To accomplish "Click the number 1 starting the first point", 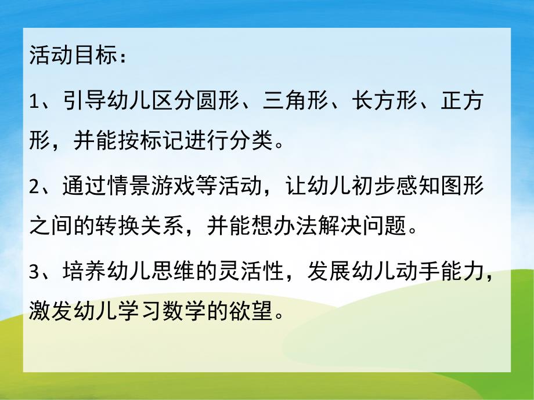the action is pyautogui.click(x=33, y=102).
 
